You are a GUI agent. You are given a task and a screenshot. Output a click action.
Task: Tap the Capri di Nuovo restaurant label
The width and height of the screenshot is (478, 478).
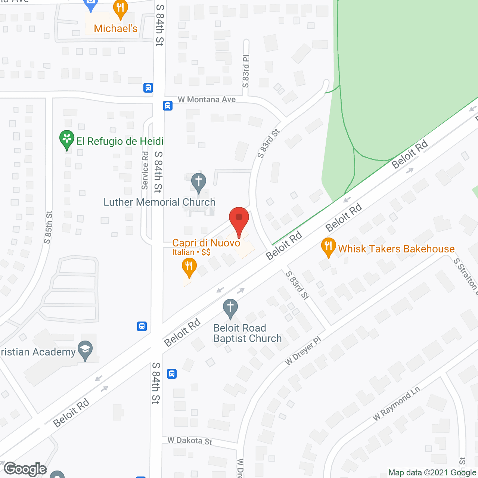206,243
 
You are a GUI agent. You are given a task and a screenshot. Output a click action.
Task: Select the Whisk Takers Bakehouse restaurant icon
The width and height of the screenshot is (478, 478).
328,247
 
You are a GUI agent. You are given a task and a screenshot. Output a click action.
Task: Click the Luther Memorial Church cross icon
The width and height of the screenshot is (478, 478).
199,182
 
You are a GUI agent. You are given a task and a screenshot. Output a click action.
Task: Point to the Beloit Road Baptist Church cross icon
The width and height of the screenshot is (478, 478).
230,308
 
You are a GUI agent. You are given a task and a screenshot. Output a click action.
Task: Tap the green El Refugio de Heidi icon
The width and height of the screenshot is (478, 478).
67,139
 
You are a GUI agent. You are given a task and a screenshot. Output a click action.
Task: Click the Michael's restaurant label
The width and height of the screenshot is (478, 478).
115,29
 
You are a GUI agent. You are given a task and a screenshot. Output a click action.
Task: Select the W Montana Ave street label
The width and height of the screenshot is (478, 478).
207,100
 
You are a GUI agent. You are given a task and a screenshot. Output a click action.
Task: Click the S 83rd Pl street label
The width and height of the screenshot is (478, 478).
246,71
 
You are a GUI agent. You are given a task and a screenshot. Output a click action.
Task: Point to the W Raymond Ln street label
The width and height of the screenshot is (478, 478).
396,403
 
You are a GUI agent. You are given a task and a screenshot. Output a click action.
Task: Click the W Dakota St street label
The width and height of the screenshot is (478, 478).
190,441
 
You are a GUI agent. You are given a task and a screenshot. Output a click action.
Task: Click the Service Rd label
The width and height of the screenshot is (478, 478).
145,170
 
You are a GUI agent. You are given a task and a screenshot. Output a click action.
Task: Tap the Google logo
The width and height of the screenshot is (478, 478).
25,469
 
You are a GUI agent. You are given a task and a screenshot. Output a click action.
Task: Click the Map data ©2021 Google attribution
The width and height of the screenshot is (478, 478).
432,473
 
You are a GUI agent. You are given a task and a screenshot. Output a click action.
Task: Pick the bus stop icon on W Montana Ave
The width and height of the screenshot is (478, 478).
168,106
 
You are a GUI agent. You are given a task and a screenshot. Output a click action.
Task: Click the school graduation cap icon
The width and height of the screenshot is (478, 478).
86,350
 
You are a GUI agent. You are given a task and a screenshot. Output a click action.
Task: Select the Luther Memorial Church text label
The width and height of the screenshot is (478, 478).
159,202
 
